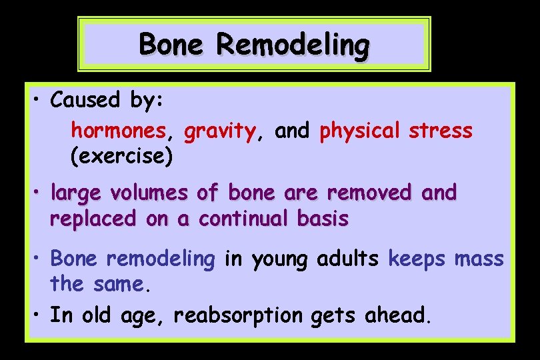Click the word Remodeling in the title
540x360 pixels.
tap(293, 45)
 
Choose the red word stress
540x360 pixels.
tap(441, 131)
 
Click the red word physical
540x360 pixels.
tap(359, 131)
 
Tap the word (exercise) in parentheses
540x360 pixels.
tap(121, 157)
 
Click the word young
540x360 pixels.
tap(279, 259)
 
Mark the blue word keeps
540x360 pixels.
tap(417, 258)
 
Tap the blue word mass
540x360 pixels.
tap(479, 258)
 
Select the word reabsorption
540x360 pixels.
tap(237, 315)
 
